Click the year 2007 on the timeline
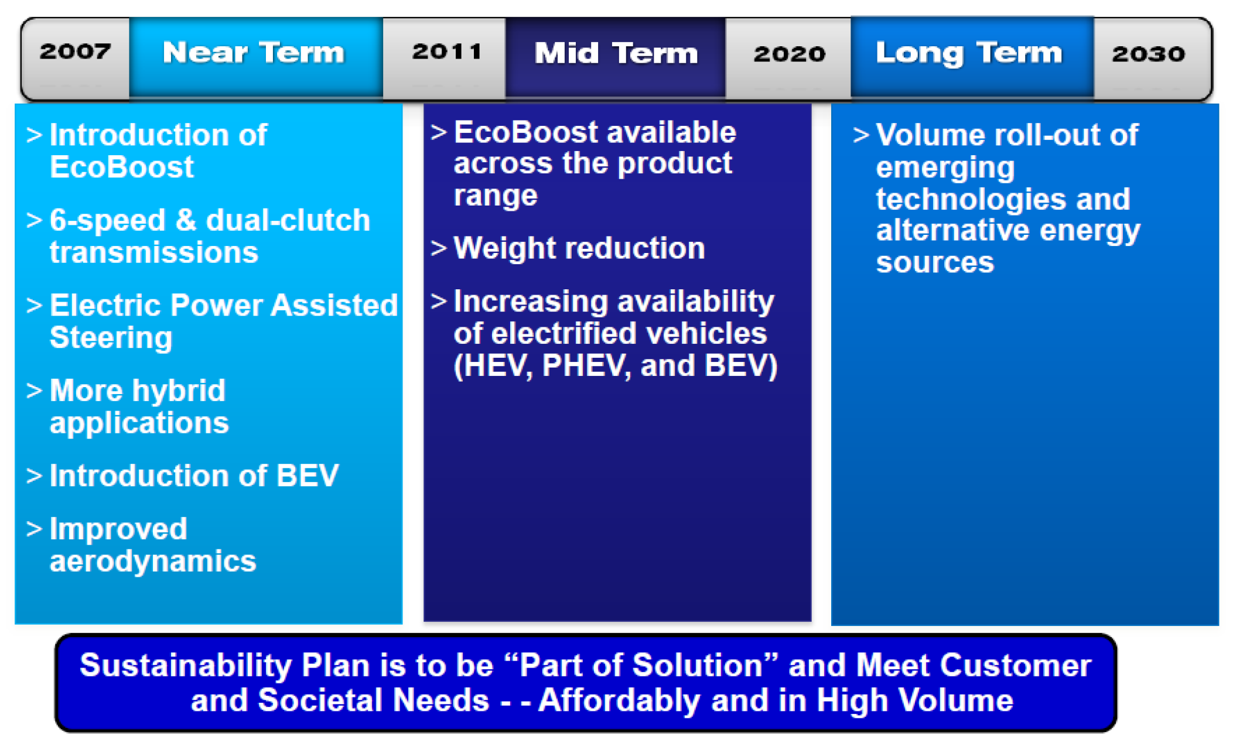(75, 52)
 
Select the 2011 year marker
(447, 52)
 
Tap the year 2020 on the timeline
(790, 54)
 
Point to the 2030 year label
(1149, 54)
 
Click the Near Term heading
(254, 53)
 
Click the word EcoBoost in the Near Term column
(122, 167)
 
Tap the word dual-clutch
(288, 221)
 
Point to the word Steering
(111, 338)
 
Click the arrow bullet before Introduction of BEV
(34, 476)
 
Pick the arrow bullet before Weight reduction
(439, 248)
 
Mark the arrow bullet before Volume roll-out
(861, 135)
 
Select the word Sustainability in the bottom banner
(186, 666)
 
